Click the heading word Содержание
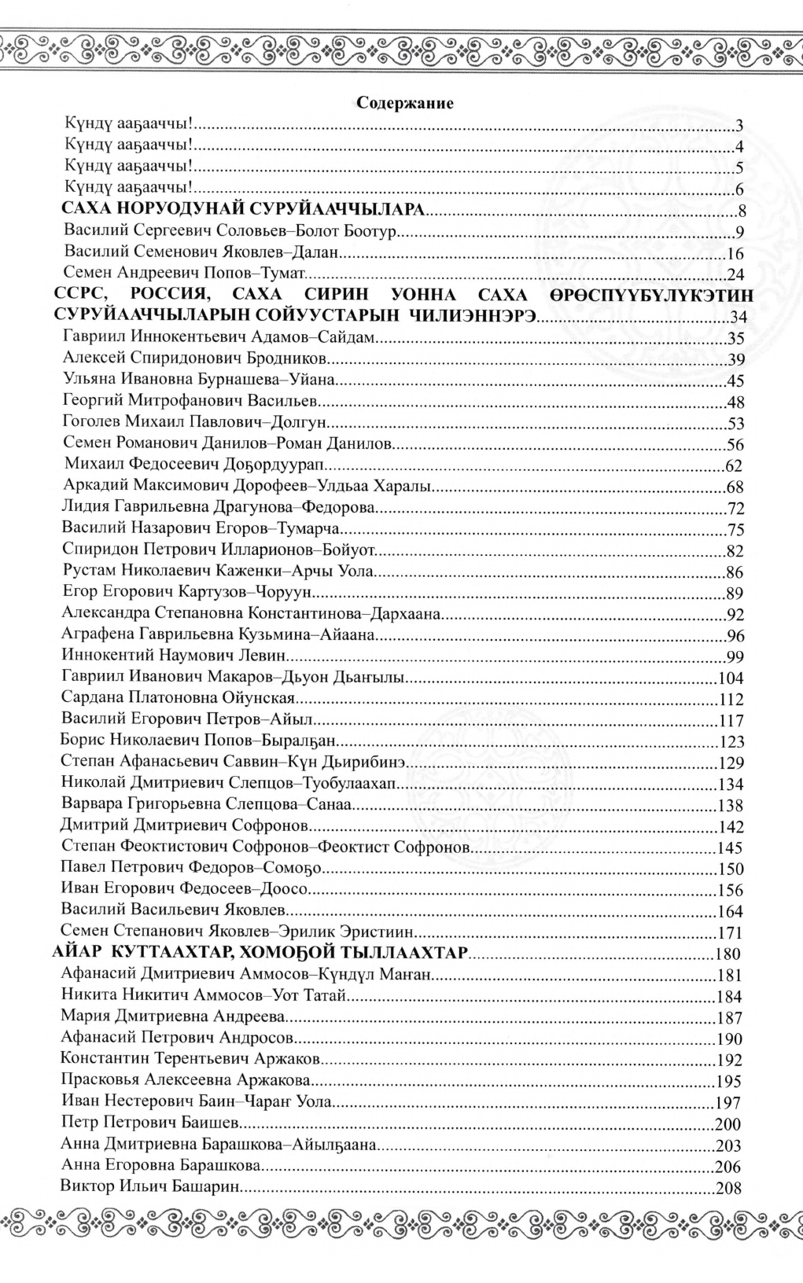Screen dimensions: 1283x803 point(405,102)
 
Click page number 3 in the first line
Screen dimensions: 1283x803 point(739,126)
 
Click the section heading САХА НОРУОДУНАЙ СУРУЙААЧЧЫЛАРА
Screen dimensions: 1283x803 point(244,210)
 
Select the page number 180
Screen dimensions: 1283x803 point(729,955)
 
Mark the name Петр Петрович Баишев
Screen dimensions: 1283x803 point(150,1123)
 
